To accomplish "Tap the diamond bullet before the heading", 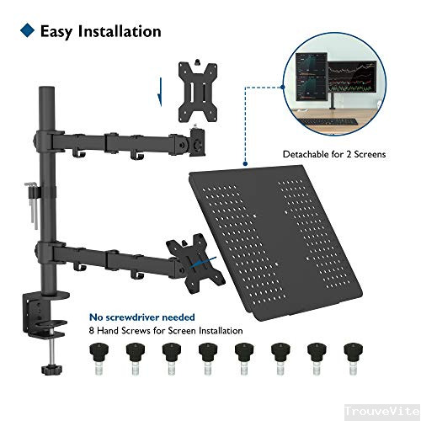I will [x=26, y=32].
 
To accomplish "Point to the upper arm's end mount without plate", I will [x=199, y=142].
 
